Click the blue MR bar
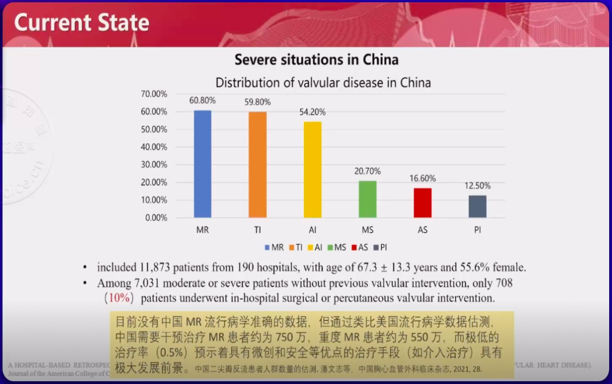point(202,164)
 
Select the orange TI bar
point(257,165)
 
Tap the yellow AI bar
point(312,169)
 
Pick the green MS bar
point(367,199)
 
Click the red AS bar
point(422,203)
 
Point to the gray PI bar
point(477,206)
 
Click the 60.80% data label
point(203,100)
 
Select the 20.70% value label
point(368,171)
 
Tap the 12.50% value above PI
point(478,185)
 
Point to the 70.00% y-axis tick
point(154,94)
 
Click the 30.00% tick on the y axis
point(154,164)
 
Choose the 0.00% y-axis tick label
point(156,217)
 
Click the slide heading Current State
point(82,23)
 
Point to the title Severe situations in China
point(316,59)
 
